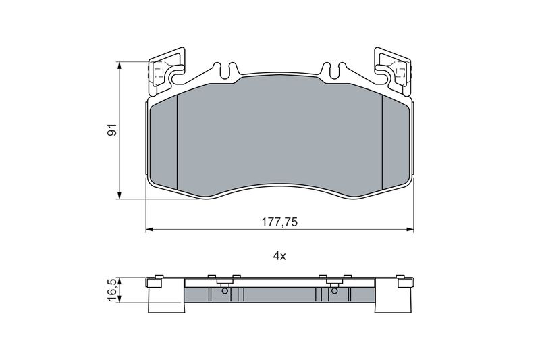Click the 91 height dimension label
(113, 130)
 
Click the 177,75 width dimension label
(279, 222)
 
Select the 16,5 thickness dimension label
(113, 291)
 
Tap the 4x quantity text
(279, 256)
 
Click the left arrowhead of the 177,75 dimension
(148, 229)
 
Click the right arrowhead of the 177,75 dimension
(410, 229)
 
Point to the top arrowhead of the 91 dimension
(119, 65)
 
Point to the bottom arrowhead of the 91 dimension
(119, 196)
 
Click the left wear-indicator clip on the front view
(165, 71)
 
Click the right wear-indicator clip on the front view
(393, 71)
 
